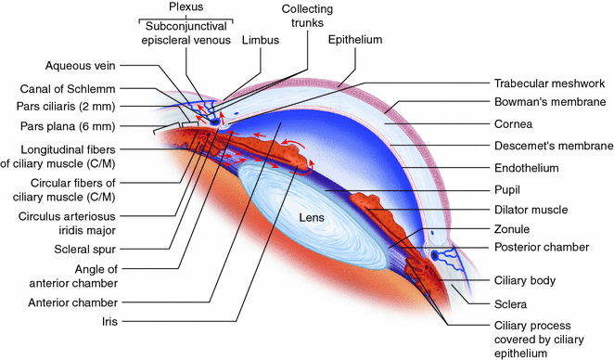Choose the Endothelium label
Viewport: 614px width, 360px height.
527,169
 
